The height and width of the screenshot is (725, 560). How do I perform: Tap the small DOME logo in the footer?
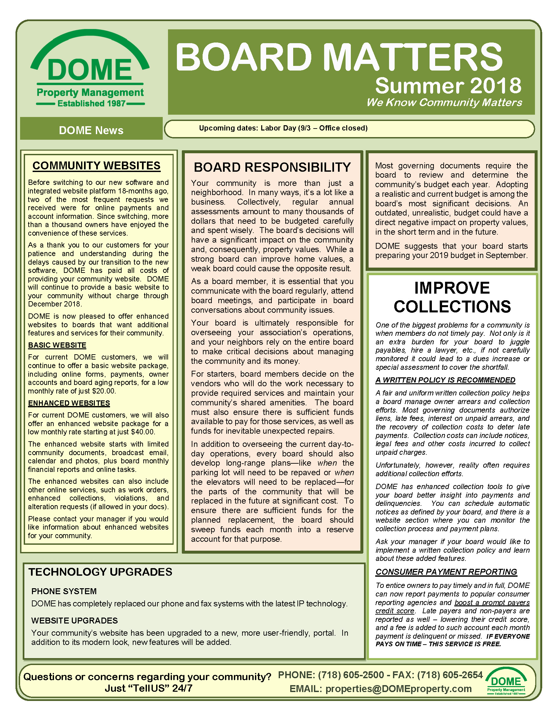point(506,681)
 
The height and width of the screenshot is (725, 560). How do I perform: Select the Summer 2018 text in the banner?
point(448,86)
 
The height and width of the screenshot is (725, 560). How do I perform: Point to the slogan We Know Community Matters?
point(444,102)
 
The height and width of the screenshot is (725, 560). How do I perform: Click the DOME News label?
point(91,130)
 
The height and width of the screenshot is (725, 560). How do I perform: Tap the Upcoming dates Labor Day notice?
point(283,128)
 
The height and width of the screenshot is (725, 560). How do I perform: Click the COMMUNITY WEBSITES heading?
point(97,166)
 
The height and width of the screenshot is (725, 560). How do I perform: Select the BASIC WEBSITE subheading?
point(57,345)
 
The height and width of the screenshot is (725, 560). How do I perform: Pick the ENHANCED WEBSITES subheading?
point(69,403)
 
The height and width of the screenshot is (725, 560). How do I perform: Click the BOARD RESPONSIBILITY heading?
point(272,167)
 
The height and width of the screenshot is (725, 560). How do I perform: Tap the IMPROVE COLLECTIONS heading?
point(452,297)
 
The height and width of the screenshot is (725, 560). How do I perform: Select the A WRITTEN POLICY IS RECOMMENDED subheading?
point(445,380)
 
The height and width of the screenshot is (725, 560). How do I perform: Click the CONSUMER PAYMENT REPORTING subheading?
point(446,572)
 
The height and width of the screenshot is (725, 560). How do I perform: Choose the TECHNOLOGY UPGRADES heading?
point(100,572)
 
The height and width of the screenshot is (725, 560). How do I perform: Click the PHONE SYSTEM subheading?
point(64,591)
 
